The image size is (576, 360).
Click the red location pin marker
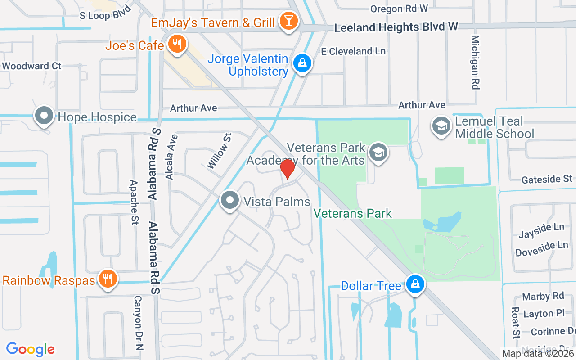click(x=287, y=169)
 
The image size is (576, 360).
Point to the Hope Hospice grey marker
click(x=44, y=115)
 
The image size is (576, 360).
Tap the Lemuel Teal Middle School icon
click(x=441, y=126)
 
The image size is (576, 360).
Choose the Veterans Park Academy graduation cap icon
click(x=378, y=153)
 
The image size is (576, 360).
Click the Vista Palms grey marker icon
click(x=230, y=200)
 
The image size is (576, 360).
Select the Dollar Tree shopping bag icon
click(x=414, y=284)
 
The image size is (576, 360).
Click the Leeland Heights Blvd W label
click(x=396, y=27)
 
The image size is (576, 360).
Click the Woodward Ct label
click(x=31, y=66)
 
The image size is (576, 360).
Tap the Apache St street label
click(x=134, y=203)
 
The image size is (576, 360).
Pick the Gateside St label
click(x=547, y=180)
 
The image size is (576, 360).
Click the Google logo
click(x=31, y=349)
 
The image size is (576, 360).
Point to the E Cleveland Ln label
click(x=353, y=51)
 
